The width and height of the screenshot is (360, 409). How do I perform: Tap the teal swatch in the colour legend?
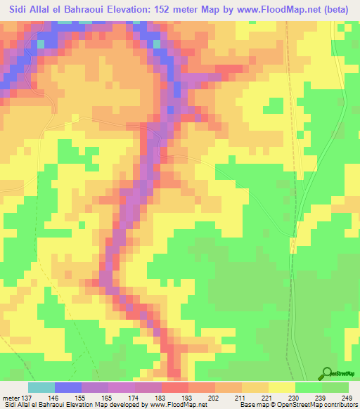pos(41,387)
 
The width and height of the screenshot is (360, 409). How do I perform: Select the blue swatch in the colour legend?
pos(67,387)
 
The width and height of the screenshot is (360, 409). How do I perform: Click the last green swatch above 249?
pos(335,387)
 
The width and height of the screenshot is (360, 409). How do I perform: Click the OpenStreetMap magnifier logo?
pos(326,372)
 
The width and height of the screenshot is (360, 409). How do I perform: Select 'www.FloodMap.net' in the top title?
pos(285,10)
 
